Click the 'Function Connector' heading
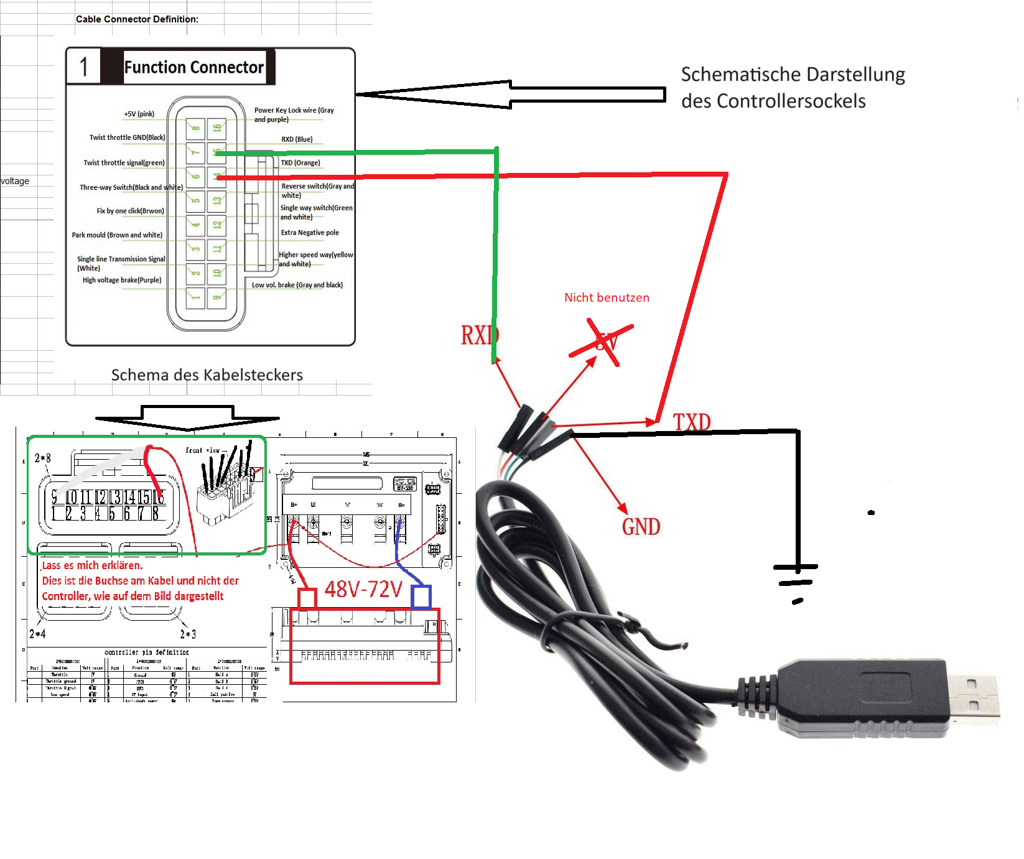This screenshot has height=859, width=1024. click(x=193, y=67)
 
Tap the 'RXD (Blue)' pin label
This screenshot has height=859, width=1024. click(x=297, y=139)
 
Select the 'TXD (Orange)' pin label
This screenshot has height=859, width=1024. click(x=300, y=163)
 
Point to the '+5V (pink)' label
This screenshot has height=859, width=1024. click(x=139, y=114)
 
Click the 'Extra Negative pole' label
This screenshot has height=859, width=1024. click(x=310, y=233)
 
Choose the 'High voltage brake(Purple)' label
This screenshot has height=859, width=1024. click(x=122, y=280)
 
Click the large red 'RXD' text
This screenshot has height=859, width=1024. click(x=480, y=335)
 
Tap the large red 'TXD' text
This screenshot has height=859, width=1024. click(x=692, y=422)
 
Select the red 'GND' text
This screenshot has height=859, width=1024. click(x=641, y=527)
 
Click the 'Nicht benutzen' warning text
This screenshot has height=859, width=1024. click(x=607, y=297)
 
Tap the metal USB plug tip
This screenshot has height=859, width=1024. click(x=974, y=695)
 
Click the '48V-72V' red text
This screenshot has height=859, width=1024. click(x=363, y=588)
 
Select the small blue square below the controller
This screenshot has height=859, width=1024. click(x=421, y=597)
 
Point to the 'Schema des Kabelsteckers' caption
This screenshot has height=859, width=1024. click(x=207, y=374)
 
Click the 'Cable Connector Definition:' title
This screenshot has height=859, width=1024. click(x=137, y=19)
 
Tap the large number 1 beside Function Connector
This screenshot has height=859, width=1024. click(x=84, y=67)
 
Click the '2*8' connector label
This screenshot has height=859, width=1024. click(x=43, y=458)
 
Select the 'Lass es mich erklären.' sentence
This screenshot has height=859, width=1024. click(x=92, y=565)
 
